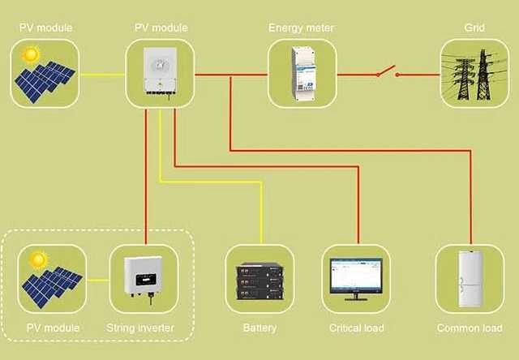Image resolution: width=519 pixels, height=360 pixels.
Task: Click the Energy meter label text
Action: (302, 28)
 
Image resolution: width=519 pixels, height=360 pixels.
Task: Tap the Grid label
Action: (474, 28)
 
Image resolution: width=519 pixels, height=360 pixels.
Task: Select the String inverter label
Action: (143, 328)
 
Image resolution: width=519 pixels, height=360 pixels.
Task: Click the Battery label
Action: (259, 328)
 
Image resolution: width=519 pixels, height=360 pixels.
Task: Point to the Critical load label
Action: (357, 328)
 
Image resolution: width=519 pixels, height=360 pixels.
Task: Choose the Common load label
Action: (470, 328)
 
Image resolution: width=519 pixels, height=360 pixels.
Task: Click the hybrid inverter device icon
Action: (160, 74)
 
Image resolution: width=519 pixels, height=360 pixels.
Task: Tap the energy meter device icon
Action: (302, 74)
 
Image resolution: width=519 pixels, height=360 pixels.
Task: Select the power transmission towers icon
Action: (474, 74)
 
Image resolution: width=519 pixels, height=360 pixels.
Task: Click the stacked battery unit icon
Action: (259, 281)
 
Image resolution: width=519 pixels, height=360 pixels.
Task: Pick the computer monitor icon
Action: (356, 280)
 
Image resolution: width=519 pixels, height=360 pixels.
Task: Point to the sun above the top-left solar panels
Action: (32, 55)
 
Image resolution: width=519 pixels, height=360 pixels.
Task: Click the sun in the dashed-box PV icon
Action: (37, 260)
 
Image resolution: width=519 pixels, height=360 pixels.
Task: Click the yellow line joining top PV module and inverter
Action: (102, 75)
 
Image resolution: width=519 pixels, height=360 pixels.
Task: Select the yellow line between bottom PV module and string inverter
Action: (97, 281)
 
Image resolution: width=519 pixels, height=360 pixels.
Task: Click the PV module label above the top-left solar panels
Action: (46, 28)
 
